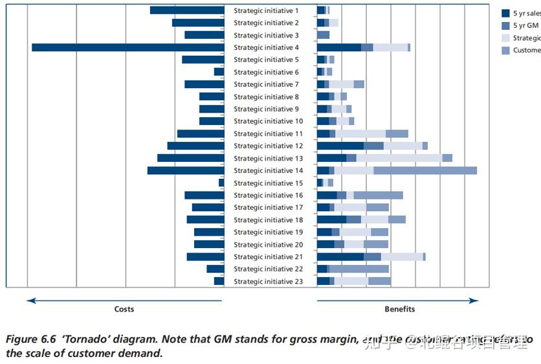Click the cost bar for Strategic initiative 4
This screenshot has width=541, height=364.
pos(127,47)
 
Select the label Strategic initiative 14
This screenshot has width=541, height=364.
pos(268,170)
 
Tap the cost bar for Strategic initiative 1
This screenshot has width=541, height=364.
pos(187,10)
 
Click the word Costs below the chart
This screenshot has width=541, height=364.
pos(124,309)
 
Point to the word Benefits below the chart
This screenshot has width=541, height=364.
pos(400,309)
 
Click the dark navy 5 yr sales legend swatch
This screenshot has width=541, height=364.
pos(506,13)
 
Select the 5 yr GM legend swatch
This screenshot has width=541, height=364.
pos(506,25)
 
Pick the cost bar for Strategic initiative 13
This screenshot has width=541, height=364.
pos(190,158)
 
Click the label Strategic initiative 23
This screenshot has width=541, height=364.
pos(268,281)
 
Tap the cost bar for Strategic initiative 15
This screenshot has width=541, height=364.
pos(221,183)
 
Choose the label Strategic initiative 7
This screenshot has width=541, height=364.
pos(266,84)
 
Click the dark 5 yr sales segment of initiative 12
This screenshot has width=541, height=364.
pos(340,146)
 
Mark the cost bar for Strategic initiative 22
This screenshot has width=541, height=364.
pos(215,269)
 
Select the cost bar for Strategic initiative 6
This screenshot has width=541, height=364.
pos(219,72)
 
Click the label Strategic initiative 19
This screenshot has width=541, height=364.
pos(268,232)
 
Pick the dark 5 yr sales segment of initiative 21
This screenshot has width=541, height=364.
pos(340,256)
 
